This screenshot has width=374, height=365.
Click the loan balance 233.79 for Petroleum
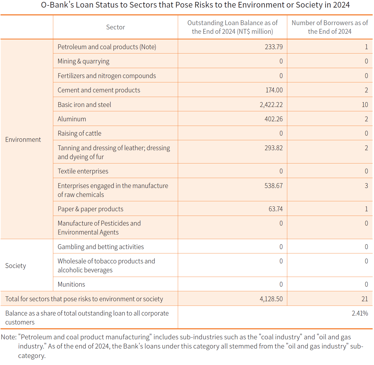[273, 47]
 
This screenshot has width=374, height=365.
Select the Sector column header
[115, 27]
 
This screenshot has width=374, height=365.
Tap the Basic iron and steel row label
[84, 105]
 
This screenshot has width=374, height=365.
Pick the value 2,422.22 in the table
[271, 105]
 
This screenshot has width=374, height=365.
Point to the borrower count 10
[365, 105]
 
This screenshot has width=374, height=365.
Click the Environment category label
[23, 139]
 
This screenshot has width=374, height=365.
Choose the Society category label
[16, 266]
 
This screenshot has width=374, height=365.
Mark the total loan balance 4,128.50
[271, 299]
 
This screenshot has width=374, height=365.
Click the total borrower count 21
[365, 299]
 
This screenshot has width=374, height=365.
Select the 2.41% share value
[360, 313]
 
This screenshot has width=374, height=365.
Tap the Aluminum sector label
[72, 119]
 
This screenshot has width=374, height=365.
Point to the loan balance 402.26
[273, 119]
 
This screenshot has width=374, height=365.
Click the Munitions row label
[71, 284]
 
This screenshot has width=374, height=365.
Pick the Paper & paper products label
[91, 209]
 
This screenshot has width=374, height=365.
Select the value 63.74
[275, 209]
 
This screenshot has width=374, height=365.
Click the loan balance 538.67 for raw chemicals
[273, 186]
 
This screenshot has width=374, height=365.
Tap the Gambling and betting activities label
[101, 247]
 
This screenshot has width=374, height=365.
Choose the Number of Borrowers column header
[330, 27]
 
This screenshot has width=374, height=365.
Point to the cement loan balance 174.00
[274, 90]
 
